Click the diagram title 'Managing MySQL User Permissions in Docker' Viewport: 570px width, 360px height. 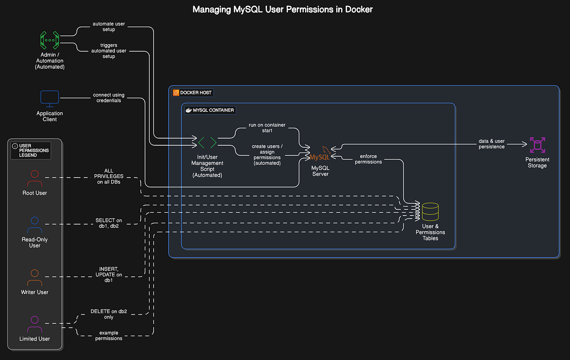[283, 9]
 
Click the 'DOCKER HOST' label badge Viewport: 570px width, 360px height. [192, 92]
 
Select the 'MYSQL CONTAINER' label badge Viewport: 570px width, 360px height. [209, 110]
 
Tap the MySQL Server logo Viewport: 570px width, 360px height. [320, 154]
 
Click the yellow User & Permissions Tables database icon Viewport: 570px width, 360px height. [430, 212]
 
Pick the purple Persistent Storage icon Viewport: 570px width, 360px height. [537, 146]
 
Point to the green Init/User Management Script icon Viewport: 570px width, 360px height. [207, 142]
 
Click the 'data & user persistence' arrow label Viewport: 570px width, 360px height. [492, 144]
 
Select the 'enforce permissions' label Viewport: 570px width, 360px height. [368, 159]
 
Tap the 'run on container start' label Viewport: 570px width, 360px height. [267, 128]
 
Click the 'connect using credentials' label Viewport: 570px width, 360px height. [109, 98]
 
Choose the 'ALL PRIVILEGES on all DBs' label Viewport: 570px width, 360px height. [109, 176]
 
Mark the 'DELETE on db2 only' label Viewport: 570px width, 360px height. [109, 314]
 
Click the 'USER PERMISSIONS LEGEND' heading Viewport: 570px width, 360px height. [31, 151]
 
